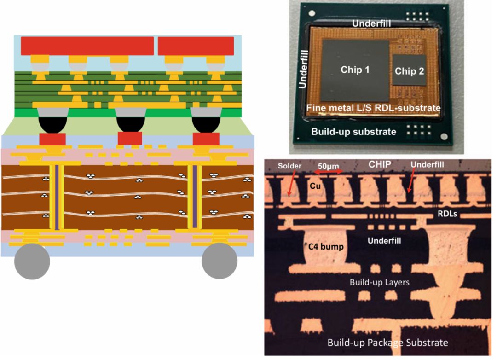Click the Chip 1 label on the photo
click(x=355, y=69)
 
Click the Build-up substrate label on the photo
click(x=353, y=132)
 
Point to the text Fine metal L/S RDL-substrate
click(x=374, y=107)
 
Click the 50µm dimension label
click(x=327, y=163)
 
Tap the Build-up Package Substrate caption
click(x=388, y=343)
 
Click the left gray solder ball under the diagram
click(x=32, y=261)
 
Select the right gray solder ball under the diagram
click(x=220, y=261)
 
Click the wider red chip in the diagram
click(x=87, y=46)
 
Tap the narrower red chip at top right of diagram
click(x=196, y=46)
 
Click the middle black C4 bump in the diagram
click(x=132, y=122)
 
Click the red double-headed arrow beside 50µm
click(x=327, y=171)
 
